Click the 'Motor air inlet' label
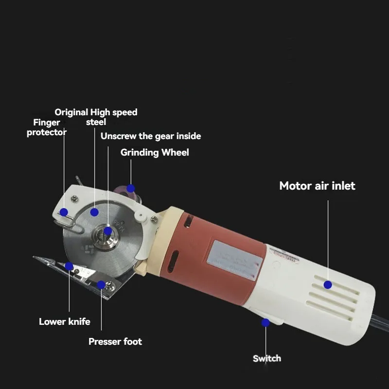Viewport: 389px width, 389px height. [317, 186]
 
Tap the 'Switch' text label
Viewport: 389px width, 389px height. [266, 358]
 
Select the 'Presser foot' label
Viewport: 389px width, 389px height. [115, 342]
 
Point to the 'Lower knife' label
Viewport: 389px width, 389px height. [65, 321]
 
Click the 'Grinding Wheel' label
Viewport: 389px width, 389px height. [155, 153]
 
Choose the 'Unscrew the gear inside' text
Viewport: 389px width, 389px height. [151, 136]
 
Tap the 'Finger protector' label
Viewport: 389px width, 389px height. [47, 127]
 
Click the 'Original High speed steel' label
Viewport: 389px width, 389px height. [96, 117]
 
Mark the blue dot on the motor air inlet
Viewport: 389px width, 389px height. [328, 284]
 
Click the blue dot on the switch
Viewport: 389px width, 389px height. [265, 322]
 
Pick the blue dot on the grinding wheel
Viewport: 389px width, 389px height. [130, 188]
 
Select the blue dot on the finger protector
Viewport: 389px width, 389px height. [64, 212]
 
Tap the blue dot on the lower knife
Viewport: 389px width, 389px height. [69, 266]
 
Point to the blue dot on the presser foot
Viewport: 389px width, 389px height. [101, 284]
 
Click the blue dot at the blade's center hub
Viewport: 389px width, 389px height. [107, 231]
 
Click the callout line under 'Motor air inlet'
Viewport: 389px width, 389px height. [328, 238]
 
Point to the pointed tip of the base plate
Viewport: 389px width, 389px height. [35, 258]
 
